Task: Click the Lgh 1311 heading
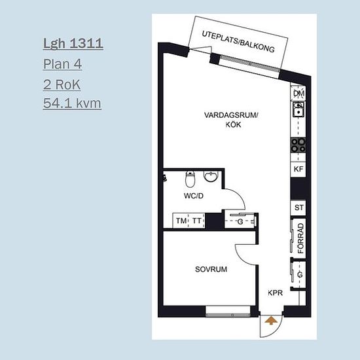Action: (x=73, y=44)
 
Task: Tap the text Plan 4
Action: (x=62, y=64)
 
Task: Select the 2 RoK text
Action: (x=62, y=84)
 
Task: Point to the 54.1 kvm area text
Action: (x=72, y=103)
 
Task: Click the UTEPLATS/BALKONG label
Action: (x=238, y=41)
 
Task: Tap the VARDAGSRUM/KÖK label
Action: (x=231, y=120)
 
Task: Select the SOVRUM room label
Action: (x=211, y=269)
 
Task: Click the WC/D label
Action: (x=194, y=196)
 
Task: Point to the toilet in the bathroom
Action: (x=190, y=179)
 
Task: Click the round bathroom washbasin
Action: (x=211, y=177)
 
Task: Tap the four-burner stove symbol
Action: (x=298, y=145)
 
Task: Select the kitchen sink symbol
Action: (x=298, y=109)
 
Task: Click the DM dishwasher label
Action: (x=298, y=94)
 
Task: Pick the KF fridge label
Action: (x=298, y=170)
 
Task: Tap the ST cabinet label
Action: (x=298, y=207)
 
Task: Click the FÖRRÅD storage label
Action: (x=300, y=238)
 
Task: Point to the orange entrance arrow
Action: (x=271, y=321)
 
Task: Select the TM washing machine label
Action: (x=181, y=221)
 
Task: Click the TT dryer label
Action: (x=196, y=221)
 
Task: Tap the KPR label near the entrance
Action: (x=275, y=293)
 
